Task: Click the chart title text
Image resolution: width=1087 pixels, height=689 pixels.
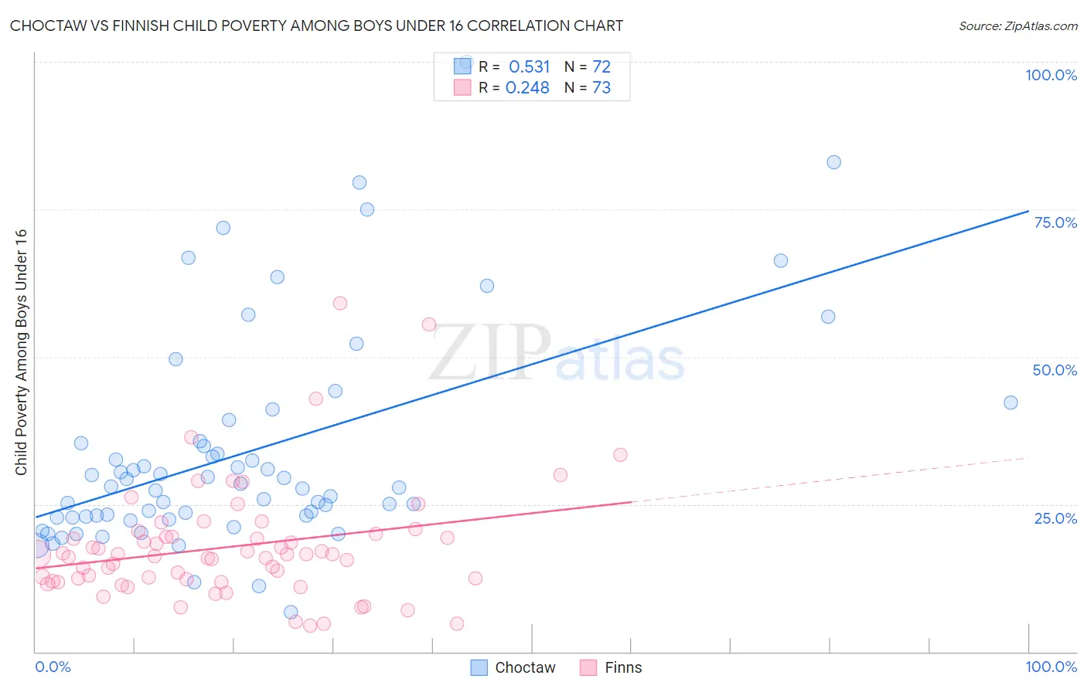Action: point(316,26)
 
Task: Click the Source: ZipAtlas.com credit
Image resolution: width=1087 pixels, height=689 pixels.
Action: point(1017,26)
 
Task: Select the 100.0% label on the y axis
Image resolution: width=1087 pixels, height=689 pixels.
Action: point(1051,75)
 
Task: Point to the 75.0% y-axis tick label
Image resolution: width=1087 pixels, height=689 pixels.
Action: point(1055,222)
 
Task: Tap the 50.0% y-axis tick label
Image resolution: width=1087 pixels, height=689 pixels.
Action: point(1055,370)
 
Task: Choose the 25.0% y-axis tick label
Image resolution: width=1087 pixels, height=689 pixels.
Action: point(1055,518)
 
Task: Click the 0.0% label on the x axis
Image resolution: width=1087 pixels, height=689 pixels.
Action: point(53,667)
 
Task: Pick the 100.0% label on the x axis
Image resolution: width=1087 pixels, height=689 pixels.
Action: point(1051,667)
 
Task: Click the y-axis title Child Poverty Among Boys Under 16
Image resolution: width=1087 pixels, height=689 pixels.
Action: point(21,352)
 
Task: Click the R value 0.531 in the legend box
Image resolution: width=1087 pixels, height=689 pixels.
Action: point(529,67)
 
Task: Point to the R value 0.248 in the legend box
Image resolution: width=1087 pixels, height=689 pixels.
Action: point(527,88)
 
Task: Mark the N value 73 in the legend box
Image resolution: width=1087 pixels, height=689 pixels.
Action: point(601,88)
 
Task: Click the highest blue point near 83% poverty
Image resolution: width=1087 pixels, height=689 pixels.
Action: point(833,162)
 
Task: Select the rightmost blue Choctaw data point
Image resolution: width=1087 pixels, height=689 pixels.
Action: point(1010,402)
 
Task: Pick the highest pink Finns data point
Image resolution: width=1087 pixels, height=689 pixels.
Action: point(339,303)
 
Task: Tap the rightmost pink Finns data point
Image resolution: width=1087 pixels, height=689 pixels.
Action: point(620,455)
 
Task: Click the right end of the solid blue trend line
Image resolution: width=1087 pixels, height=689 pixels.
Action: point(1027,211)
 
